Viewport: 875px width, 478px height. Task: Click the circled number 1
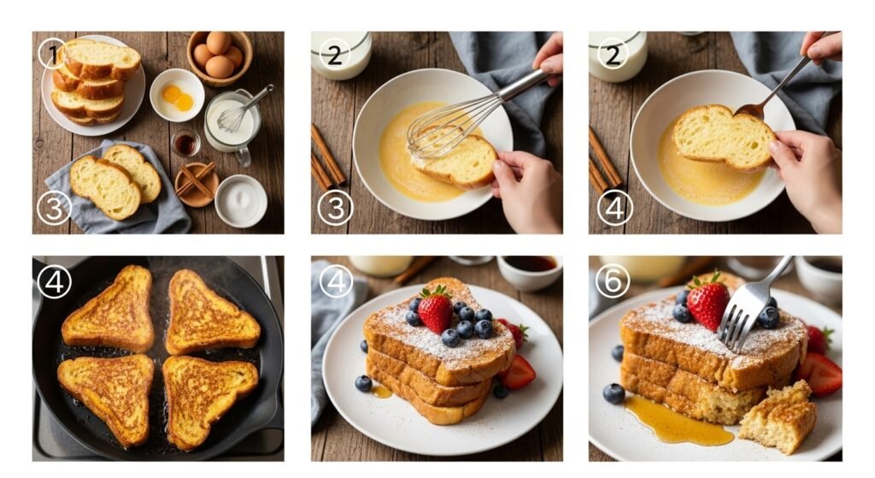click(52, 54)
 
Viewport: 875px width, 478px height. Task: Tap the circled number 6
click(612, 280)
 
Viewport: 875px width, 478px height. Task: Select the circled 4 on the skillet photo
click(54, 280)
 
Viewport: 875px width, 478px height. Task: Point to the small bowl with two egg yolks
click(177, 95)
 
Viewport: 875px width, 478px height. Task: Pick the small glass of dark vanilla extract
click(185, 144)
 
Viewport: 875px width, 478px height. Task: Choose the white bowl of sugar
click(240, 200)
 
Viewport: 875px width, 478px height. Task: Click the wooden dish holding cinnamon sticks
click(196, 184)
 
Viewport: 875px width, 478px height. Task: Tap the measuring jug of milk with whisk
click(232, 123)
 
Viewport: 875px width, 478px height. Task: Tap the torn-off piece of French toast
click(778, 416)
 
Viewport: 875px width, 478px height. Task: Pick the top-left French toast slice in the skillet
click(109, 309)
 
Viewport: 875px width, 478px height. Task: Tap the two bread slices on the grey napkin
click(115, 181)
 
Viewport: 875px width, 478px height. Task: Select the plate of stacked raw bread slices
click(93, 84)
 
